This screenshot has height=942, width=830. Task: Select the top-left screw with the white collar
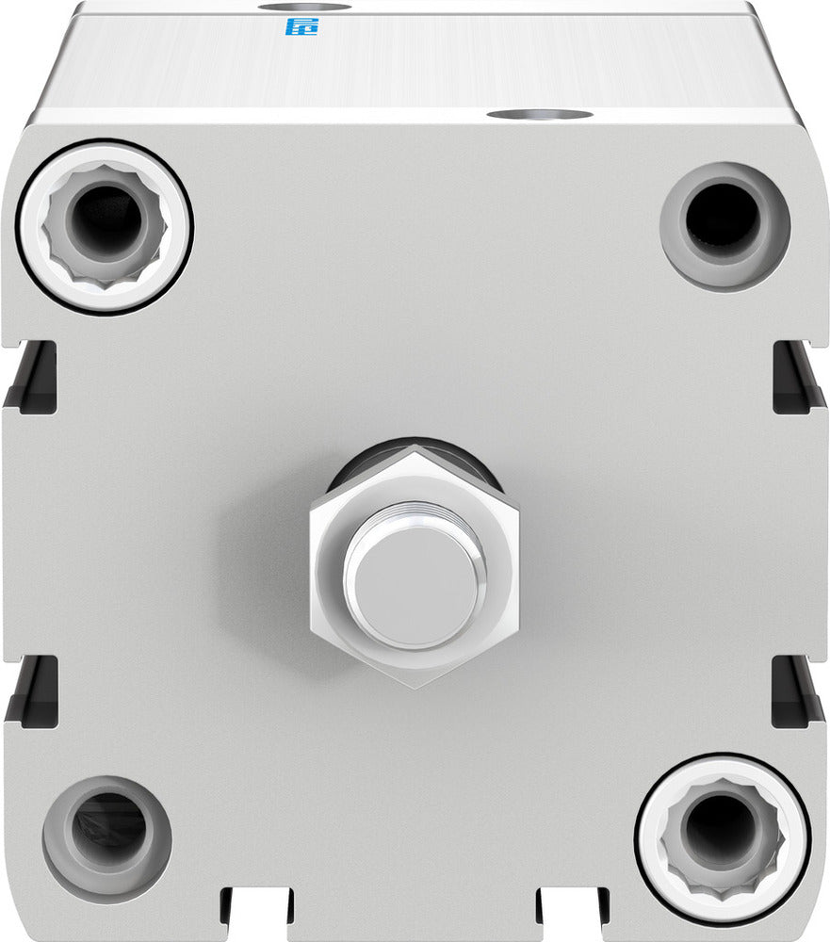pyautogui.click(x=106, y=225)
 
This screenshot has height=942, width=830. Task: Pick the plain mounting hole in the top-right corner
pyautogui.click(x=724, y=224)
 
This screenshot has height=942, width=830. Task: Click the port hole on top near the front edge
pyautogui.click(x=539, y=115)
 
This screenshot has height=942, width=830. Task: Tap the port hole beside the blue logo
pyautogui.click(x=304, y=7)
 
